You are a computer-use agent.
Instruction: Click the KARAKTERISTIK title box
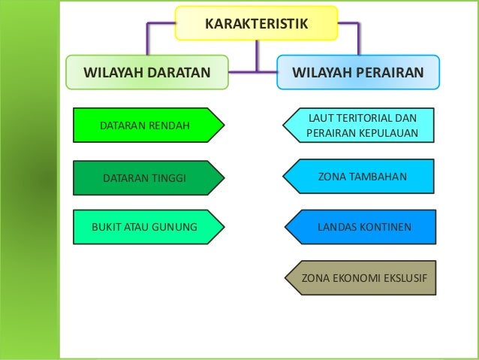click(x=257, y=23)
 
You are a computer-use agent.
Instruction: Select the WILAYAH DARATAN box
click(x=146, y=73)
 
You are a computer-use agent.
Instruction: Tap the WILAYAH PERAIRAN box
click(x=357, y=73)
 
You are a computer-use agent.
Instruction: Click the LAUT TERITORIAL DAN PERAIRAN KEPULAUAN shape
click(x=360, y=126)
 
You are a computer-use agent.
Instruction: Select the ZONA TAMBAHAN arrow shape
click(x=360, y=177)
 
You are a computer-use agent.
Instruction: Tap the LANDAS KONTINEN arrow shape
click(x=360, y=225)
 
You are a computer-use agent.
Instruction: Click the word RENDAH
click(x=169, y=125)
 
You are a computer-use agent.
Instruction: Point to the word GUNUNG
click(x=177, y=226)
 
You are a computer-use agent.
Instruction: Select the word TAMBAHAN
click(x=380, y=177)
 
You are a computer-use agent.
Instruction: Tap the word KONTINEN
click(x=385, y=225)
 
